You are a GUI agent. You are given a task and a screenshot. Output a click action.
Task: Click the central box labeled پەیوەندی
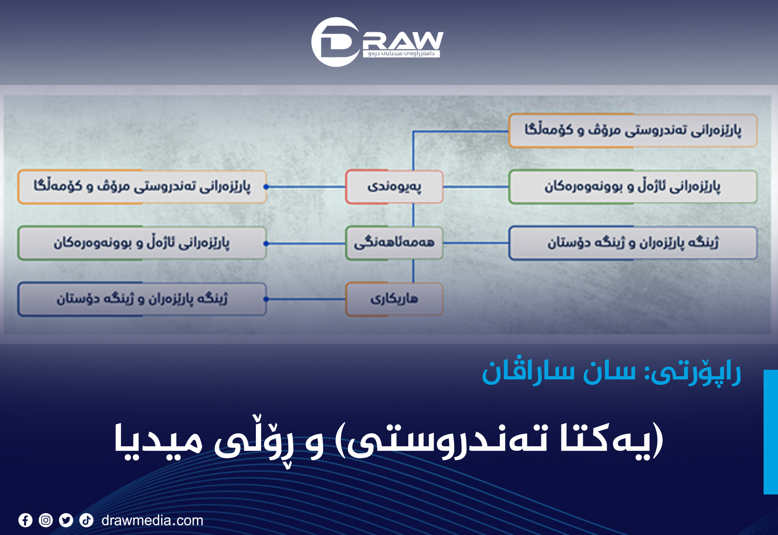tap(394, 187)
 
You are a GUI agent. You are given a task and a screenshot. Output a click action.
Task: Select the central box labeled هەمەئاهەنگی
tap(394, 243)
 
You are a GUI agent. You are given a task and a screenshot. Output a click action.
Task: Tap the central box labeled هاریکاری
tap(394, 299)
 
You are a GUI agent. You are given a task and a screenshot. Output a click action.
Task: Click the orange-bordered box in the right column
tap(633, 131)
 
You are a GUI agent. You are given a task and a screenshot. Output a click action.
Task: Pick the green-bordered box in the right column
tap(633, 187)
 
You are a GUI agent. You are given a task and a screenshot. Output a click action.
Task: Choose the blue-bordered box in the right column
tap(633, 243)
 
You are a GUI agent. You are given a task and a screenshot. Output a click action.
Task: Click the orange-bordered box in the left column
tap(142, 187)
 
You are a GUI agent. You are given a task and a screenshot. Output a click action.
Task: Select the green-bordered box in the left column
tap(142, 243)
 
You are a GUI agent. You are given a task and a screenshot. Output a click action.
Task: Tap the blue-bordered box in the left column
tap(142, 299)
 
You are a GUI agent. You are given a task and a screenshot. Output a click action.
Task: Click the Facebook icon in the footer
tap(25, 520)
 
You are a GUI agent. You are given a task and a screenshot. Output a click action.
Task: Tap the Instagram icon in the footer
tap(46, 520)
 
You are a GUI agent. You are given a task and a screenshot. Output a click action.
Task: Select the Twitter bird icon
tap(66, 520)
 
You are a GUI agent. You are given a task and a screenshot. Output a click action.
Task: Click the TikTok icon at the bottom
tap(86, 520)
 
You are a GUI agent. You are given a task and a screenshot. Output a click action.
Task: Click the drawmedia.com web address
tap(152, 520)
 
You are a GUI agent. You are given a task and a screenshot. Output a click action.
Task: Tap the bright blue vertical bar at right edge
tap(770, 432)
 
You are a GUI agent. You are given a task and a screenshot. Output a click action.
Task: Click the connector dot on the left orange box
tap(266, 187)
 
